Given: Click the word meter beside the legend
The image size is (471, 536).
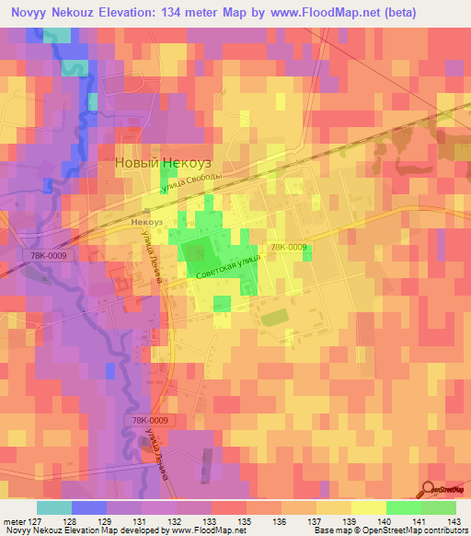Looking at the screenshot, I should pyautogui.click(x=17, y=520).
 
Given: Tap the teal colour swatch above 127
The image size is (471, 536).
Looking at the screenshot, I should pyautogui.click(x=53, y=507).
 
